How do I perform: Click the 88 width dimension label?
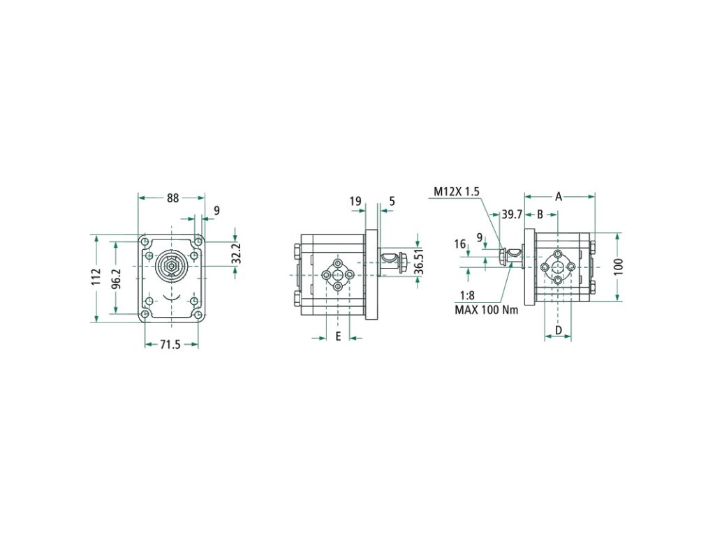[173, 198]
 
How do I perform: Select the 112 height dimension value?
[96, 277]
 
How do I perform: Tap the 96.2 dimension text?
[117, 278]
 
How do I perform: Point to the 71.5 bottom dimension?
[170, 345]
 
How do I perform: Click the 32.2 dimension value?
[236, 254]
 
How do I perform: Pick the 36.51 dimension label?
[419, 261]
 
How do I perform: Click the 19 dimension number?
[355, 201]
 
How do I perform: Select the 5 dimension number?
[392, 201]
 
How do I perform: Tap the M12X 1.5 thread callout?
[456, 191]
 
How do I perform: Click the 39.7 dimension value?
[512, 214]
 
